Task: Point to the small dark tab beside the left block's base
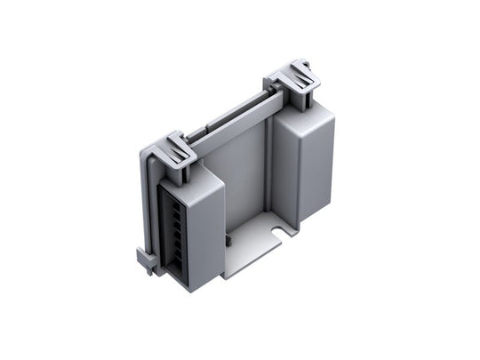pos(228,238)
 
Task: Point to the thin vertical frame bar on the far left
pos(141,204)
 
